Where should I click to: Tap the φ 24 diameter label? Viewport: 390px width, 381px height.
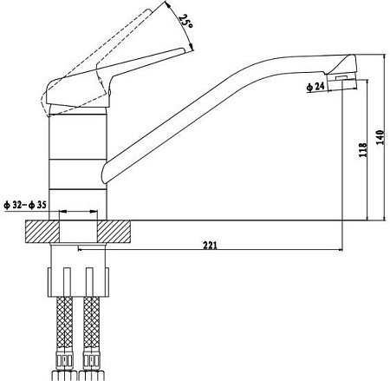click(315, 86)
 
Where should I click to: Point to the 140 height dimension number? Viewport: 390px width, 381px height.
click(380, 139)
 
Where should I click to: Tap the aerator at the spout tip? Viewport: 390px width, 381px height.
click(344, 81)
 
